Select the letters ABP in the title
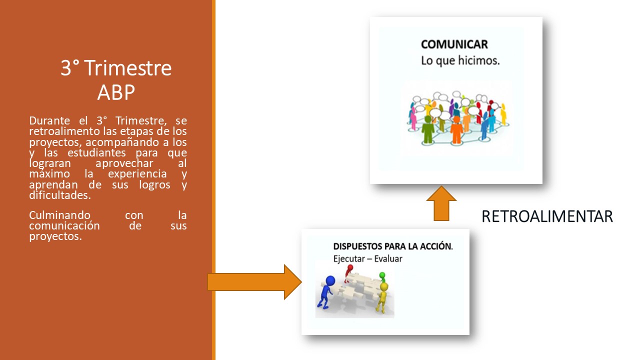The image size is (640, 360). click(115, 92)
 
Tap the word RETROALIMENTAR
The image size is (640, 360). click(547, 216)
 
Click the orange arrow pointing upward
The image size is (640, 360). click(441, 203)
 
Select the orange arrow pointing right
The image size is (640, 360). click(255, 282)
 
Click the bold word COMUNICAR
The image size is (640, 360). click(454, 44)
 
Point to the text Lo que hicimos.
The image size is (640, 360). click(460, 60)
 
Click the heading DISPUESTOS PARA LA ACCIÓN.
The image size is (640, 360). click(393, 246)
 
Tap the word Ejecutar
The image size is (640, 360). click(349, 259)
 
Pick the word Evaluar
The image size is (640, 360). click(388, 259)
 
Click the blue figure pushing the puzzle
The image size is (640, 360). click(325, 292)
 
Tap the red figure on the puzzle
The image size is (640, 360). click(348, 273)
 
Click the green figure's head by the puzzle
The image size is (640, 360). click(382, 275)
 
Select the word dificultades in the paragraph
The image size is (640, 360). click(60, 195)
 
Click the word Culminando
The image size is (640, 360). click(59, 215)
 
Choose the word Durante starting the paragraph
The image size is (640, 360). click(49, 120)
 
